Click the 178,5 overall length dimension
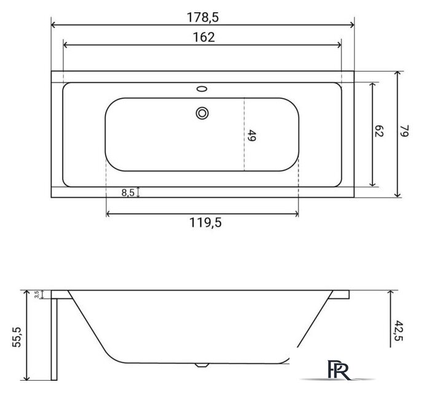202,17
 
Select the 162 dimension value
202,37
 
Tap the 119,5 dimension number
203,223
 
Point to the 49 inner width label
252,136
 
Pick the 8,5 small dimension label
128,193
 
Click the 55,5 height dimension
17,337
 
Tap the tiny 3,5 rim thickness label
37,295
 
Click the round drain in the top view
202,112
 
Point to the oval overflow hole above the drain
202,90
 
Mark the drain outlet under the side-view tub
200,364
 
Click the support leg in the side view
53,338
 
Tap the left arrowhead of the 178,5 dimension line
53,25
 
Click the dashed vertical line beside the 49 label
244,135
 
